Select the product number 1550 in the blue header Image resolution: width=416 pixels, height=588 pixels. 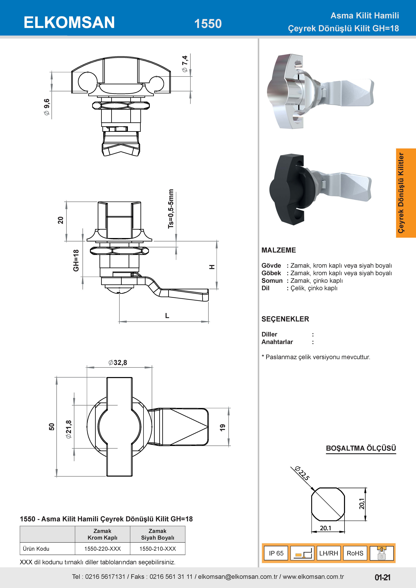tap(208, 24)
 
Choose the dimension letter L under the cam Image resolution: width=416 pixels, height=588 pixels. tap(167, 316)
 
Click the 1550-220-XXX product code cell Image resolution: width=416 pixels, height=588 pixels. tap(103, 549)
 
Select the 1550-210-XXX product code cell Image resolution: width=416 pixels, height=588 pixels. tap(158, 549)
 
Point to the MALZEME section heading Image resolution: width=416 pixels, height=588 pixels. tap(279, 250)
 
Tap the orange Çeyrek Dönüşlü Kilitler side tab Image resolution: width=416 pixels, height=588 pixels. tap(406, 193)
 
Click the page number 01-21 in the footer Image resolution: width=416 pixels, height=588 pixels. tap(382, 577)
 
